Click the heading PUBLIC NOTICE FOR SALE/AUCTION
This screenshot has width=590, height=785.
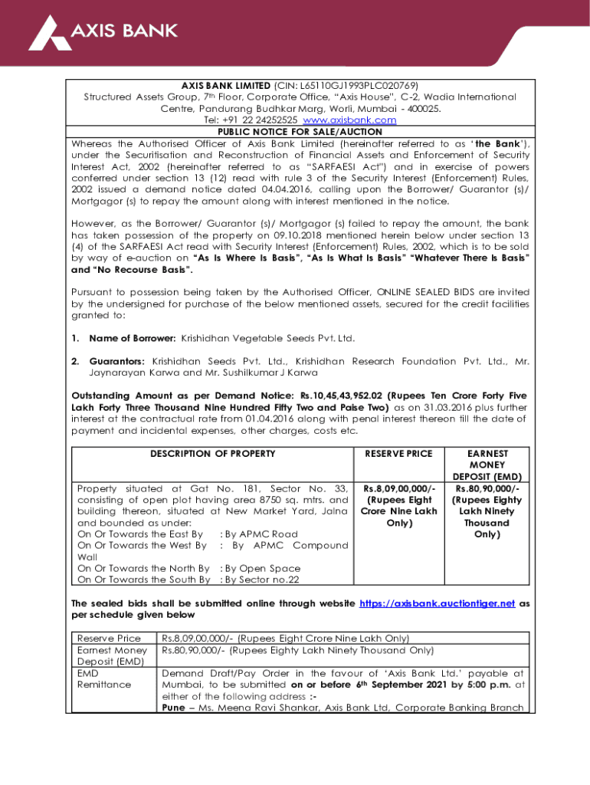[x=300, y=132]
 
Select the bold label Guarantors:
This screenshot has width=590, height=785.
[x=119, y=360]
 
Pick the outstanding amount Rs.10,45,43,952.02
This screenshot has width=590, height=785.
[x=352, y=396]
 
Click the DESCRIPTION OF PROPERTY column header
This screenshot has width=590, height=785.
[x=212, y=454]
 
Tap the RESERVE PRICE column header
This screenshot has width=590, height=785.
[x=398, y=454]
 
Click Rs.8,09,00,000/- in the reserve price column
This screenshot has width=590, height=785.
[x=398, y=488]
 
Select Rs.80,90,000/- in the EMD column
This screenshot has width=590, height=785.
[x=487, y=488]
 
